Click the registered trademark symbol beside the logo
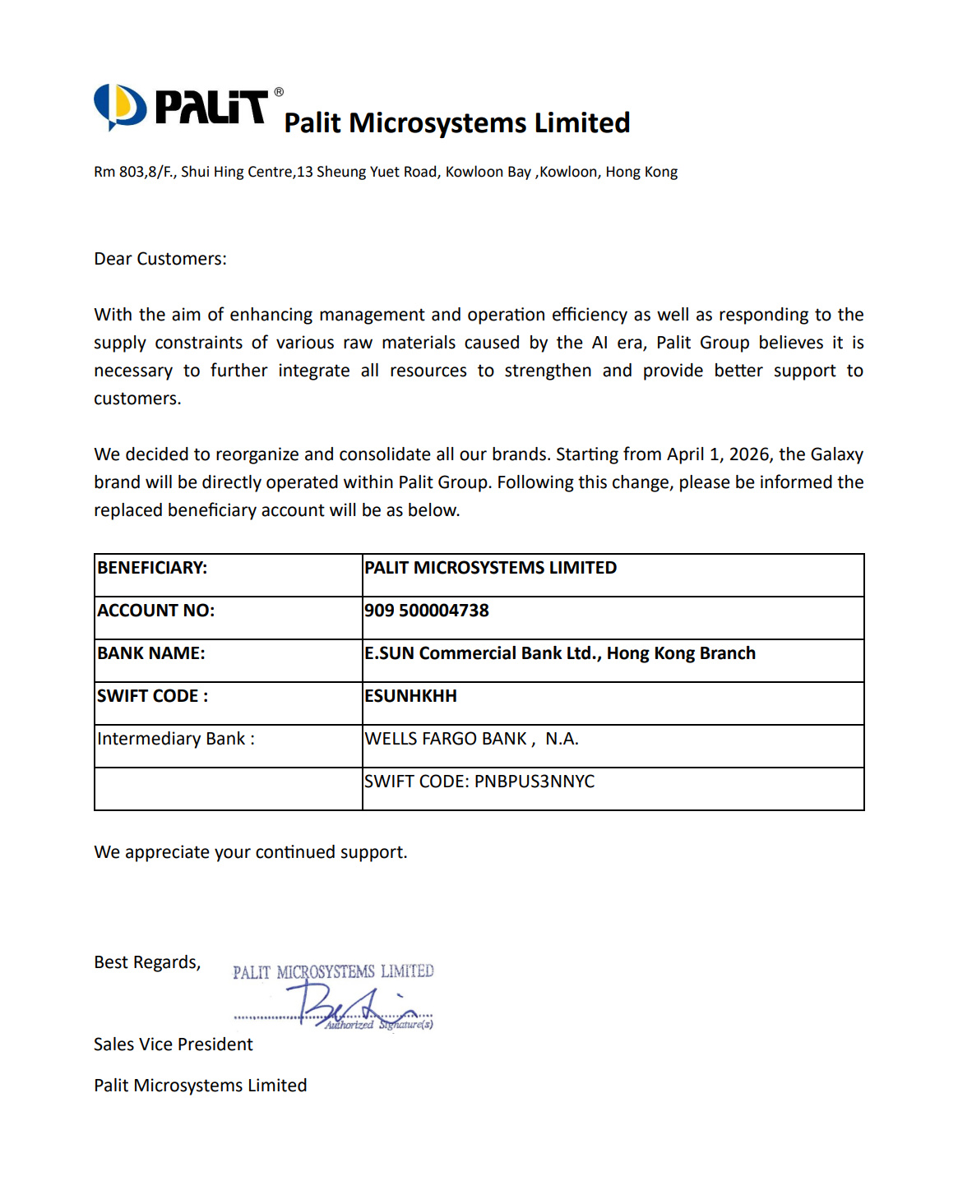click(279, 92)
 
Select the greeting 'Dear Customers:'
click(160, 259)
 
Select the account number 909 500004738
click(427, 611)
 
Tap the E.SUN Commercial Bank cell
click(560, 653)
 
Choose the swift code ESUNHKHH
click(410, 696)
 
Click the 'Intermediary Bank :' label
click(176, 739)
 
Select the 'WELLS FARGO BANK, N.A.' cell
click(471, 739)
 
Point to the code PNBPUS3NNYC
click(535, 782)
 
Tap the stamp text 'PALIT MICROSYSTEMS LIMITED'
click(333, 972)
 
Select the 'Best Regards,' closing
click(147, 962)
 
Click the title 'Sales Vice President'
click(174, 1045)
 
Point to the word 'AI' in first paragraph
click(600, 343)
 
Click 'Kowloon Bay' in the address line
click(488, 172)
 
